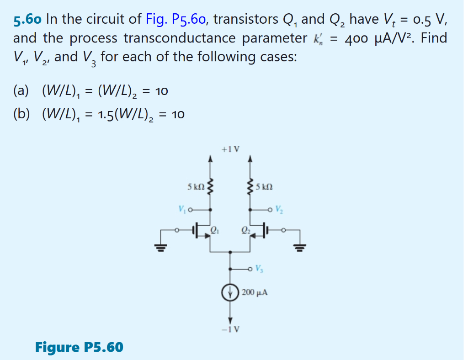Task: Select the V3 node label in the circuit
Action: tap(259, 268)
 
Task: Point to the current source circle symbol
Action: tap(230, 291)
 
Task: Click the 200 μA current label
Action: tap(254, 291)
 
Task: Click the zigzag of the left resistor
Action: tap(210, 187)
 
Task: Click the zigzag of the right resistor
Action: tap(250, 187)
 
